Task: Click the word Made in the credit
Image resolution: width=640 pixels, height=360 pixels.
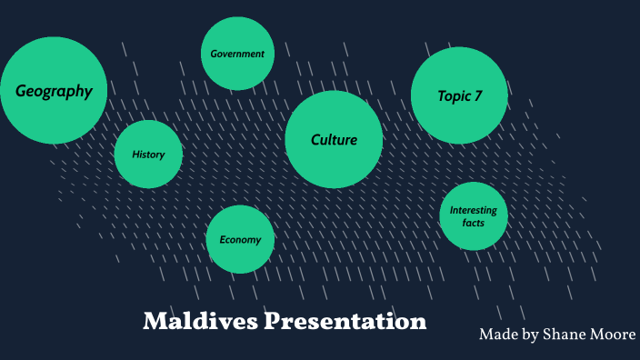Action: click(x=498, y=335)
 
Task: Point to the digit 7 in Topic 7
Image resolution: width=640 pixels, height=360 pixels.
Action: click(x=478, y=95)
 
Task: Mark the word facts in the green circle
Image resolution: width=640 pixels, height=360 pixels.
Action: click(x=473, y=223)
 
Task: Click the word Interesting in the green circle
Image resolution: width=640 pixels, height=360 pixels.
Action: click(x=473, y=211)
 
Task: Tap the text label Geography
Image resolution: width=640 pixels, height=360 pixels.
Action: click(x=54, y=91)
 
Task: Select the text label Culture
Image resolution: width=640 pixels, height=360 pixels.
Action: click(x=334, y=140)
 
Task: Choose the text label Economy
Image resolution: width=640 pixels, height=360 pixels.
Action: click(x=240, y=240)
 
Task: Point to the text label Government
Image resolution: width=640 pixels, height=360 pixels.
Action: click(x=237, y=54)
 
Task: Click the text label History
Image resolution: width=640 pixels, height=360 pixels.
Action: click(x=148, y=155)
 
